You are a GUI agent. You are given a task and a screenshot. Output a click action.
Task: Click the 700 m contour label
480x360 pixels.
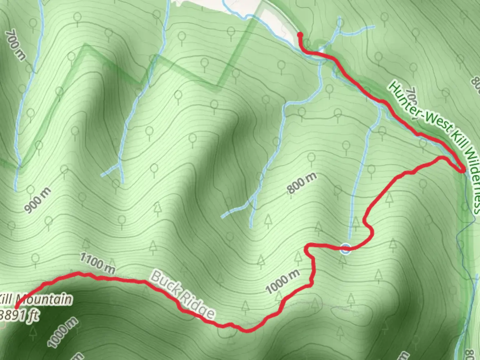tap(15, 45)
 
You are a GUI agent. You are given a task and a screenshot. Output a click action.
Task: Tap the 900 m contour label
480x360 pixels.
tap(38, 200)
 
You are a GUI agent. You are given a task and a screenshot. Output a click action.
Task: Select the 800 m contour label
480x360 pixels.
tap(302, 183)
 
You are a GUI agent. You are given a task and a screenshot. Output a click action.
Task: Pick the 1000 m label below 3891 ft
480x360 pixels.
tap(63, 333)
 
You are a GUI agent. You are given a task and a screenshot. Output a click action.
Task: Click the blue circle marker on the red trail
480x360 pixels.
tap(346, 248)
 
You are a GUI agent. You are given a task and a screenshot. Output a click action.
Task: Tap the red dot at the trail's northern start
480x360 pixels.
tap(300, 34)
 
